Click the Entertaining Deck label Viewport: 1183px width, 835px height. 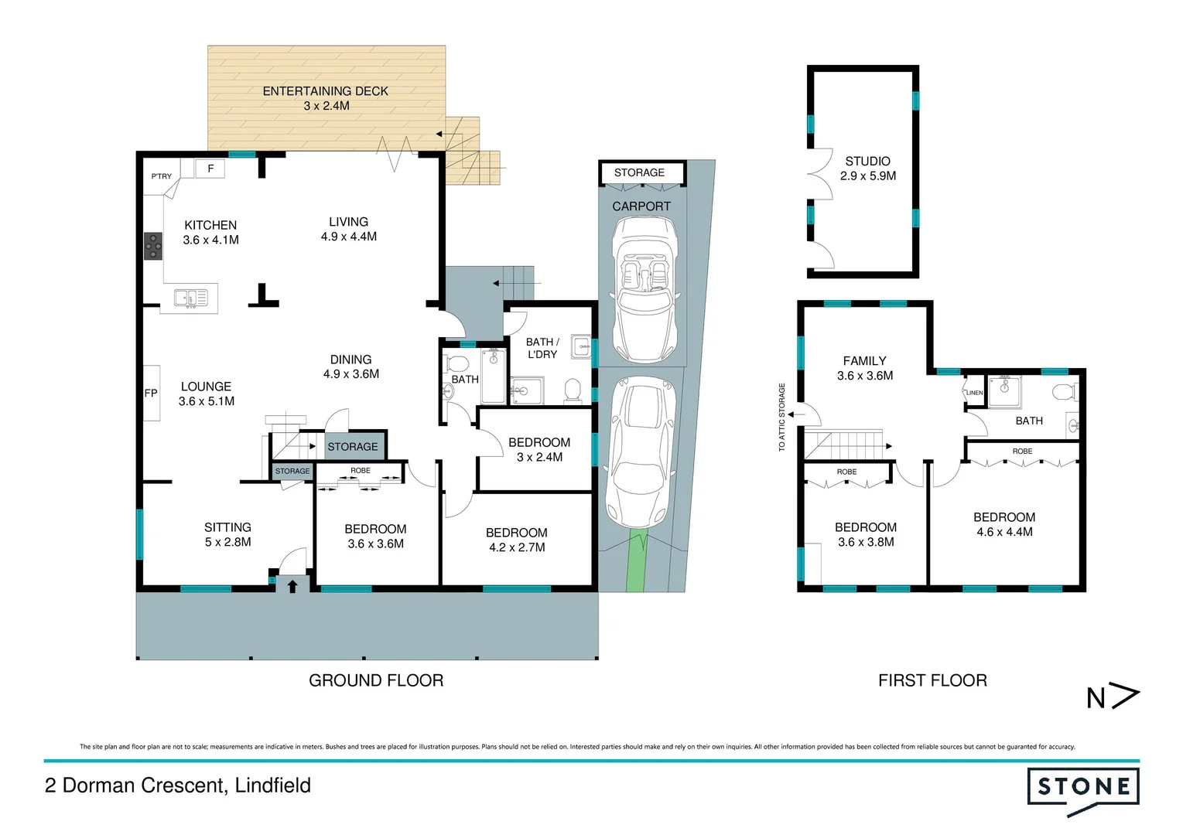[325, 98]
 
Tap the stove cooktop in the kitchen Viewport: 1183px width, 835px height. [153, 246]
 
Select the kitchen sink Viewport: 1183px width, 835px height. [190, 298]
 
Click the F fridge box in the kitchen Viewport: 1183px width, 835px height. [210, 168]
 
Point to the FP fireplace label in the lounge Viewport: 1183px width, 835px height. [151, 393]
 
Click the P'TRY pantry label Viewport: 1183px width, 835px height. [162, 176]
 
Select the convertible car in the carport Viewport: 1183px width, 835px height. [644, 288]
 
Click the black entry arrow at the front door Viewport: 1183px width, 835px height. [292, 586]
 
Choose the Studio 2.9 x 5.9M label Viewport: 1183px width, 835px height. [867, 169]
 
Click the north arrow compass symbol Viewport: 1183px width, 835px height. [1113, 697]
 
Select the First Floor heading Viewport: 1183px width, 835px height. [932, 680]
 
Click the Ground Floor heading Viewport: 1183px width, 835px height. [376, 680]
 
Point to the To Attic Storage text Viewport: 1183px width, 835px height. [782, 417]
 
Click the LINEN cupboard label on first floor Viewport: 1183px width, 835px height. [974, 393]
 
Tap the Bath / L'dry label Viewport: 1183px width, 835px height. [542, 348]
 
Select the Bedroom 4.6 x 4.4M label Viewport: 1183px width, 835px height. [1004, 524]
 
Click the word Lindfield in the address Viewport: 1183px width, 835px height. [273, 786]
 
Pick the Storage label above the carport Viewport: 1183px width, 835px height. [639, 172]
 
